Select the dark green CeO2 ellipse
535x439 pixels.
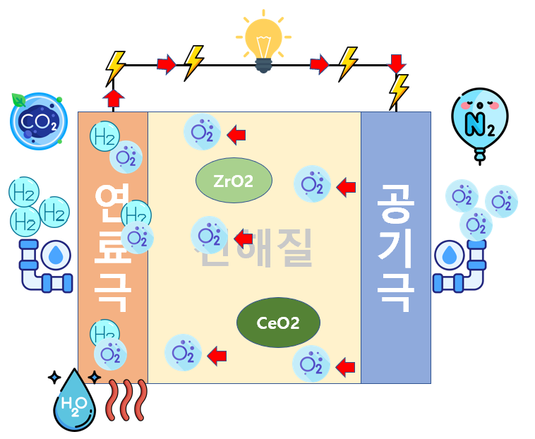(278, 323)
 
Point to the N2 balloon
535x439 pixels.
(479, 120)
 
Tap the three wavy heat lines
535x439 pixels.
(126, 400)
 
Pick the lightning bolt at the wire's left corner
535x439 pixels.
(115, 68)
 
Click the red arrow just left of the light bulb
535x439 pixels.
(167, 64)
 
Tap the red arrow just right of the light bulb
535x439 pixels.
(319, 64)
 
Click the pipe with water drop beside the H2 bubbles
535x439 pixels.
(47, 265)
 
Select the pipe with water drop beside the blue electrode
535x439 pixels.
(459, 265)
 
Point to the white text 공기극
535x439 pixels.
(395, 247)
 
